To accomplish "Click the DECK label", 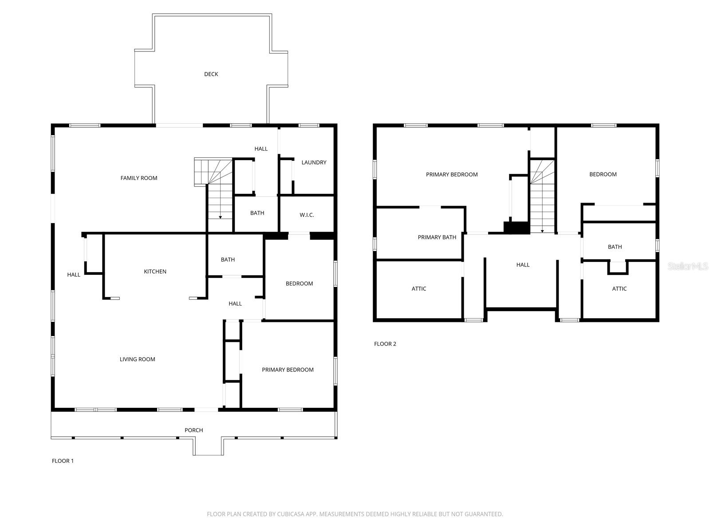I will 211,74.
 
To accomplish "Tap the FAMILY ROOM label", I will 139,178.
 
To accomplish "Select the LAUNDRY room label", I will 314,163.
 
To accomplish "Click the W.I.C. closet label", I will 307,215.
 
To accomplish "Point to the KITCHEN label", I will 155,272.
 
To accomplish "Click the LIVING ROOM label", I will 138,360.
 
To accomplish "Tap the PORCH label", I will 194,430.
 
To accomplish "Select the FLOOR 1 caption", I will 63,461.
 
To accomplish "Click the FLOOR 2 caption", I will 385,344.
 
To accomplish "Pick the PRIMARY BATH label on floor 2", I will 437,238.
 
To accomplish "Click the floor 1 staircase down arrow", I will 221,217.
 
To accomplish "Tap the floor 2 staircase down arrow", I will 542,231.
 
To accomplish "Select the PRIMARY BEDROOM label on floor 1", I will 288,370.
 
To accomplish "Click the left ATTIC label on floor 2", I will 419,289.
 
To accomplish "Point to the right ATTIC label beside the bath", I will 619,289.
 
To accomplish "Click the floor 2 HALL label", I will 523,265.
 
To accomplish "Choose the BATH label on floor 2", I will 615,247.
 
